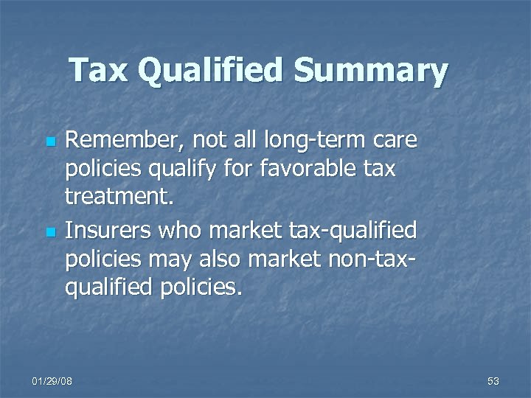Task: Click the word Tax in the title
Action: (x=100, y=71)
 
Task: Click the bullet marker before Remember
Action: (x=50, y=140)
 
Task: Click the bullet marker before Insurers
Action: (x=50, y=232)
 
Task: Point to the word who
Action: (x=184, y=231)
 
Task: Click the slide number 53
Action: (x=493, y=381)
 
